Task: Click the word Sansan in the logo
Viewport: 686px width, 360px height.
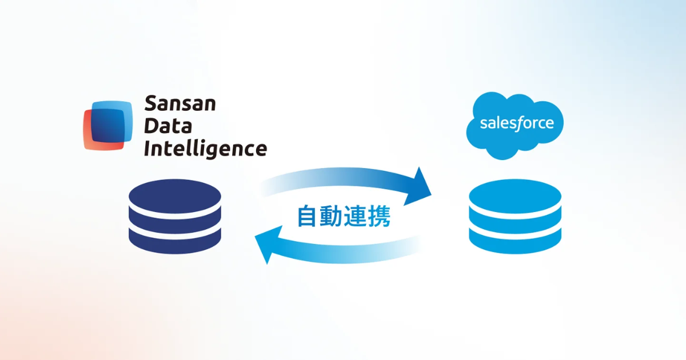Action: click(180, 105)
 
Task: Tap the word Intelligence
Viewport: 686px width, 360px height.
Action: click(205, 149)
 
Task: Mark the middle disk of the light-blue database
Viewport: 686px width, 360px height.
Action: click(514, 221)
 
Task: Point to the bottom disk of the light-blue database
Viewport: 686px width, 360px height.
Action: click(514, 242)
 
